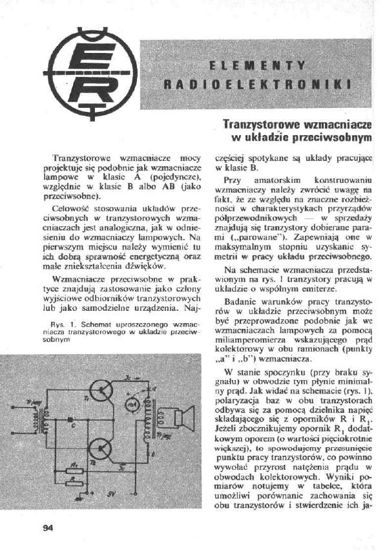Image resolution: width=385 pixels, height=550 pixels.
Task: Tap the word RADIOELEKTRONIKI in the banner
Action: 256,85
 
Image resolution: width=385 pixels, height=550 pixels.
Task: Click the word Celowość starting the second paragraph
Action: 70,209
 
